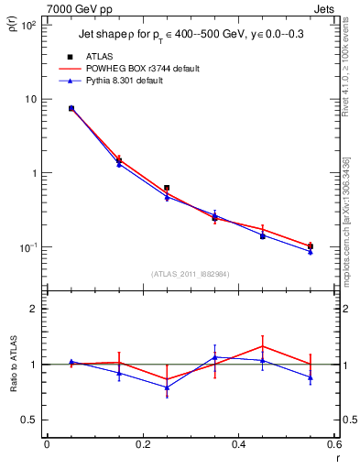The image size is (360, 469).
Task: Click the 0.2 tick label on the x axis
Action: coord(142,445)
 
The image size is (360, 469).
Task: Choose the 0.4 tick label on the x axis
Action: coord(238,445)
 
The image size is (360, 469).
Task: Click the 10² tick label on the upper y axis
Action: coord(27,26)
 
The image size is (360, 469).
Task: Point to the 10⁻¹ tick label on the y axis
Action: coord(27,247)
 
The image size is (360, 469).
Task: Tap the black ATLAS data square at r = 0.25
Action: coord(167,188)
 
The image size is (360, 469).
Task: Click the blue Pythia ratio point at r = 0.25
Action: coord(167,387)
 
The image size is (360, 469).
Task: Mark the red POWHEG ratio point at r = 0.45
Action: coord(263,346)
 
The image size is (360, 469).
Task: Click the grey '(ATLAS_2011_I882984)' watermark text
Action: coord(190,274)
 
